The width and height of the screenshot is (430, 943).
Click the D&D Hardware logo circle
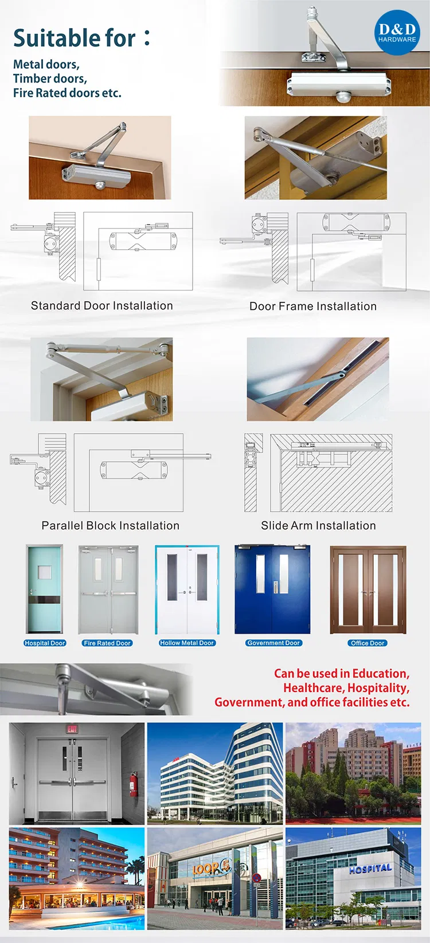397,32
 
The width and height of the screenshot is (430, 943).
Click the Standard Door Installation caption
101,306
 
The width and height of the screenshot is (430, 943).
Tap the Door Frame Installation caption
313,307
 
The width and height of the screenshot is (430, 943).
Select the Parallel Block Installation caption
110,526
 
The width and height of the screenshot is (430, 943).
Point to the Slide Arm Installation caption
318,526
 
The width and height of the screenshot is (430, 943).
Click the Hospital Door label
45,643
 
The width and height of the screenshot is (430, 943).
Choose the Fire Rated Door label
107,643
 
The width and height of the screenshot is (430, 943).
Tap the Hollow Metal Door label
187,643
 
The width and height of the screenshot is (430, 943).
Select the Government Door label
273,643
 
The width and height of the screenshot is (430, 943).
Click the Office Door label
368,643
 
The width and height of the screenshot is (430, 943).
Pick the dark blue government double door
272,590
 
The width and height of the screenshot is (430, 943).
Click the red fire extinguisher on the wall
134,784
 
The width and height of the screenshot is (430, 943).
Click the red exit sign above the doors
72,730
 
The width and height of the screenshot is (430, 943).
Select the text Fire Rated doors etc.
67,93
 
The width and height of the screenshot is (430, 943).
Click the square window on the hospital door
44,572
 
